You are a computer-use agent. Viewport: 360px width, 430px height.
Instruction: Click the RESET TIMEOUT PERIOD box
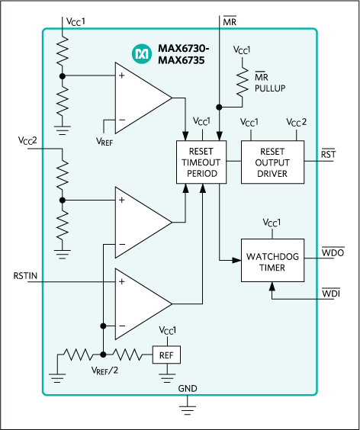202,162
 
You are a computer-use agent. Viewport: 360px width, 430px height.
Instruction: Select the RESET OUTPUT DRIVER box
272,162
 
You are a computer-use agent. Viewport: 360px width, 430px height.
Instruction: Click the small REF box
166,355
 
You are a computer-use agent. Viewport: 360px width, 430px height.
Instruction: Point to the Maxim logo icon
142,54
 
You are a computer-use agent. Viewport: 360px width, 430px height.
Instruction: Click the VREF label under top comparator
107,140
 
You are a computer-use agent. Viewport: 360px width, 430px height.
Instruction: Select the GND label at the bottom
188,389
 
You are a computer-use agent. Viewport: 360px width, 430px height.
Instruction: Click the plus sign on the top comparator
121,76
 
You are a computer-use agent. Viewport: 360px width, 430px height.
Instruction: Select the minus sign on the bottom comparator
121,326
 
